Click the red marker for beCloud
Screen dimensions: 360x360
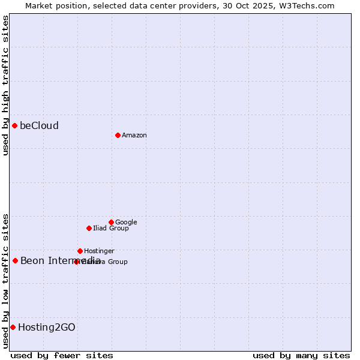click(x=14, y=125)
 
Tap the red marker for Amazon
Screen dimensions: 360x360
click(x=118, y=135)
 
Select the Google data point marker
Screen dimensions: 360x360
click(x=111, y=222)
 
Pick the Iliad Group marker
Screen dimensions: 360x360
click(x=89, y=228)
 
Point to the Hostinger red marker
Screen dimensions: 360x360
click(x=80, y=251)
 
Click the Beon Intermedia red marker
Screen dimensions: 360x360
click(x=15, y=260)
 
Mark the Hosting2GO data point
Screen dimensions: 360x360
click(x=13, y=327)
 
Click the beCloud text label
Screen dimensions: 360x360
click(x=39, y=125)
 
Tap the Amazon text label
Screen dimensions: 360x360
click(x=134, y=135)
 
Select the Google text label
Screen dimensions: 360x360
click(x=126, y=222)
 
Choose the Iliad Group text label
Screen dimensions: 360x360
click(x=111, y=228)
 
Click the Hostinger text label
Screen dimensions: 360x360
click(x=99, y=251)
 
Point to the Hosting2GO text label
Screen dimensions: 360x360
click(x=47, y=327)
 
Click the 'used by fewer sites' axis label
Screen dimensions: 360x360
click(x=62, y=355)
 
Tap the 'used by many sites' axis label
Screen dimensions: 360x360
click(x=301, y=355)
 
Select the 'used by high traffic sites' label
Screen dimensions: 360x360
click(x=5, y=85)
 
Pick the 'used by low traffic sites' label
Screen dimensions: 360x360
click(x=5, y=280)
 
